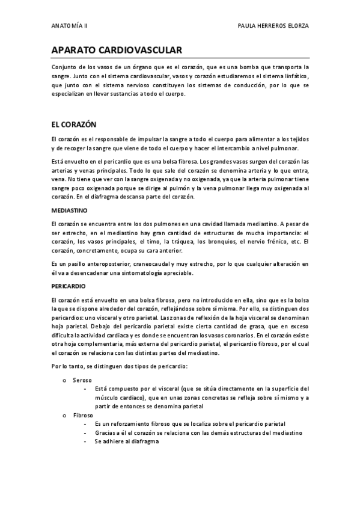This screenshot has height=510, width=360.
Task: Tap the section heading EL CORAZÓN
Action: coord(74,124)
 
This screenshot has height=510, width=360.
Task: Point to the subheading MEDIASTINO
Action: coord(70,211)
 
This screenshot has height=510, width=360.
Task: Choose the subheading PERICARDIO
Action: coord(69,286)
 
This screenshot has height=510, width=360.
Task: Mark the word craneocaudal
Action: coord(152,263)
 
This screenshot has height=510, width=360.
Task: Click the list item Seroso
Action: coord(82,380)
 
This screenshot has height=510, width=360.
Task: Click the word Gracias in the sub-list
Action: coord(106,433)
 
